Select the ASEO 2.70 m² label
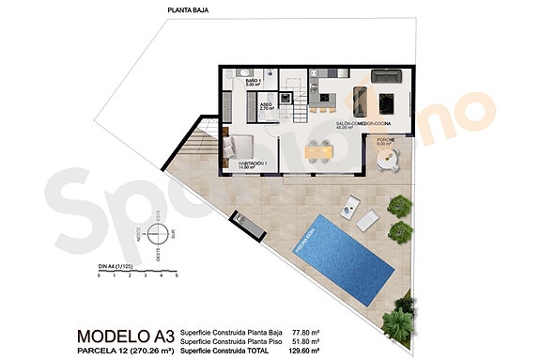[x=267, y=107]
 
